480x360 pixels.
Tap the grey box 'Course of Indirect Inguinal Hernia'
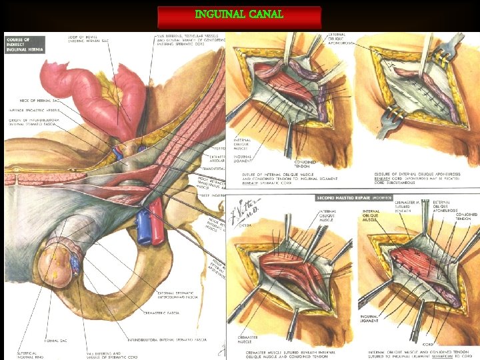click(x=25, y=46)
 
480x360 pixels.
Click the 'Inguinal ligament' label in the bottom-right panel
click(x=369, y=318)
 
